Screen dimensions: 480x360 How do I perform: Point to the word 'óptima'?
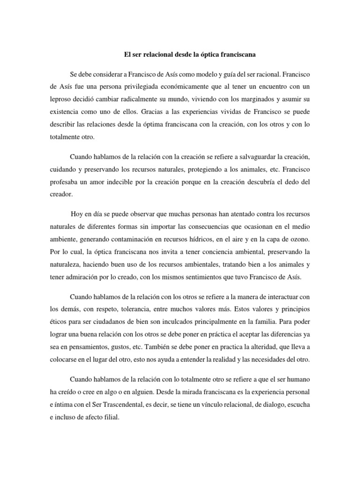[155, 125]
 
